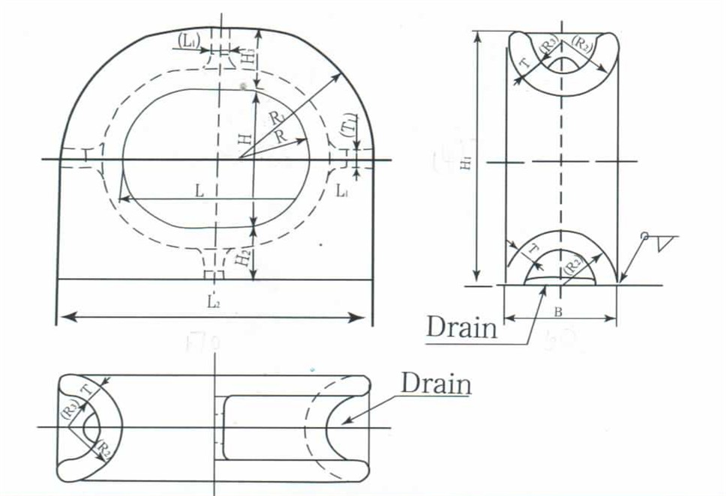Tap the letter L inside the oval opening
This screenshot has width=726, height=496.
199,191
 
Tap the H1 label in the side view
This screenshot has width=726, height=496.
467,163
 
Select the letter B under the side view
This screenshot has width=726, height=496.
557,309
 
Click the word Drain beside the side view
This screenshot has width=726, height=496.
461,327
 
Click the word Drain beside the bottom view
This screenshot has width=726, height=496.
435,383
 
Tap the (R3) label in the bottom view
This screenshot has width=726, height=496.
69,411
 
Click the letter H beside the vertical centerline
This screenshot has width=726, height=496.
242,139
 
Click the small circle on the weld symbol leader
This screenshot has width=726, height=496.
644,237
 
